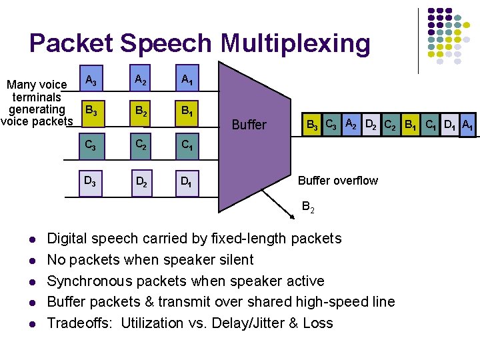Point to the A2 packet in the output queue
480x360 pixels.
352,124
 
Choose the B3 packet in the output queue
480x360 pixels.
311,124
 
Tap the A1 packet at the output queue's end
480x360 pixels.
468,124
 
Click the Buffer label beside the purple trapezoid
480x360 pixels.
249,125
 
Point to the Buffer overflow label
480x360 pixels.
337,181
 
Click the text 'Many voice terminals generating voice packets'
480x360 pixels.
37,103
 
